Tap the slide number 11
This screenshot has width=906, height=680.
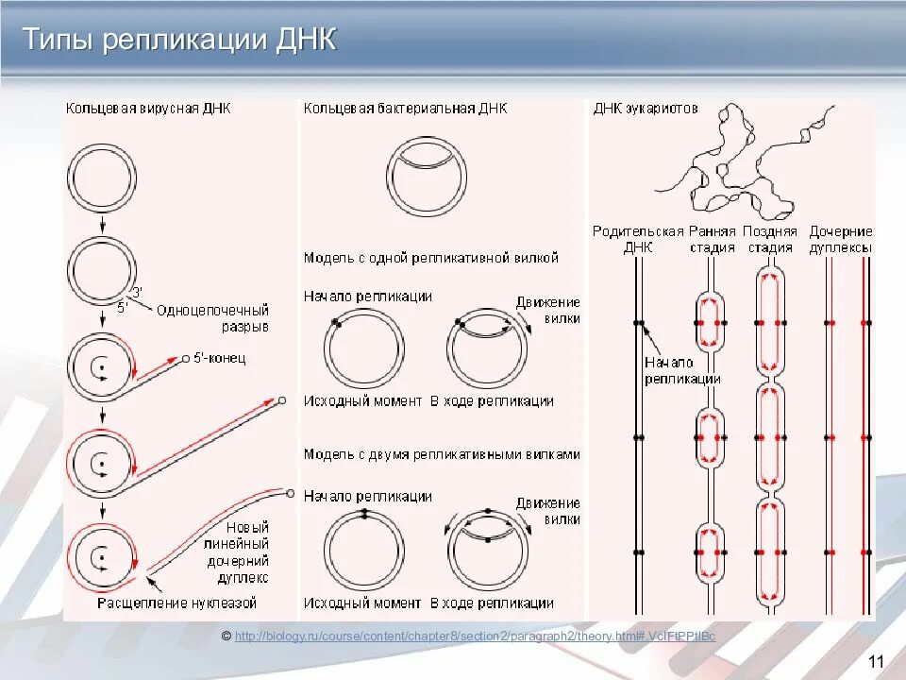coord(875,660)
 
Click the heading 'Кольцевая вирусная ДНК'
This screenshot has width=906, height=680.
coord(148,109)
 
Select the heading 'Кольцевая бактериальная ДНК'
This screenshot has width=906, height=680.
coord(405,109)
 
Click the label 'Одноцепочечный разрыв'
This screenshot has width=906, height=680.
coord(212,318)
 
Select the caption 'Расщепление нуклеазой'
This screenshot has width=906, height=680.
coord(176,603)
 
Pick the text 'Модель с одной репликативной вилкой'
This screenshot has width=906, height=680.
coord(431,257)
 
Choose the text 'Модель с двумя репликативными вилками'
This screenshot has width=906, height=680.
coord(442,454)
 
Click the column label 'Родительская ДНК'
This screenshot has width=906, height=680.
coord(637,240)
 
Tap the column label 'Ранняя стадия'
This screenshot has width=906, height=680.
coord(712,240)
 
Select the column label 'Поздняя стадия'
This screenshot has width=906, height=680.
coord(770,240)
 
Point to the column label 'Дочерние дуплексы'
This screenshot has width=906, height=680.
coord(841,240)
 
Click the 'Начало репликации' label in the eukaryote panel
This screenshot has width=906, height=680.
coord(682,370)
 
